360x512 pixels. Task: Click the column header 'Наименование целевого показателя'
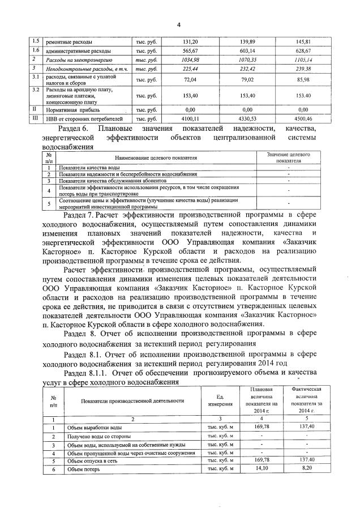[155, 157]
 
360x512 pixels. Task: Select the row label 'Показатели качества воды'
[89, 168]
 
